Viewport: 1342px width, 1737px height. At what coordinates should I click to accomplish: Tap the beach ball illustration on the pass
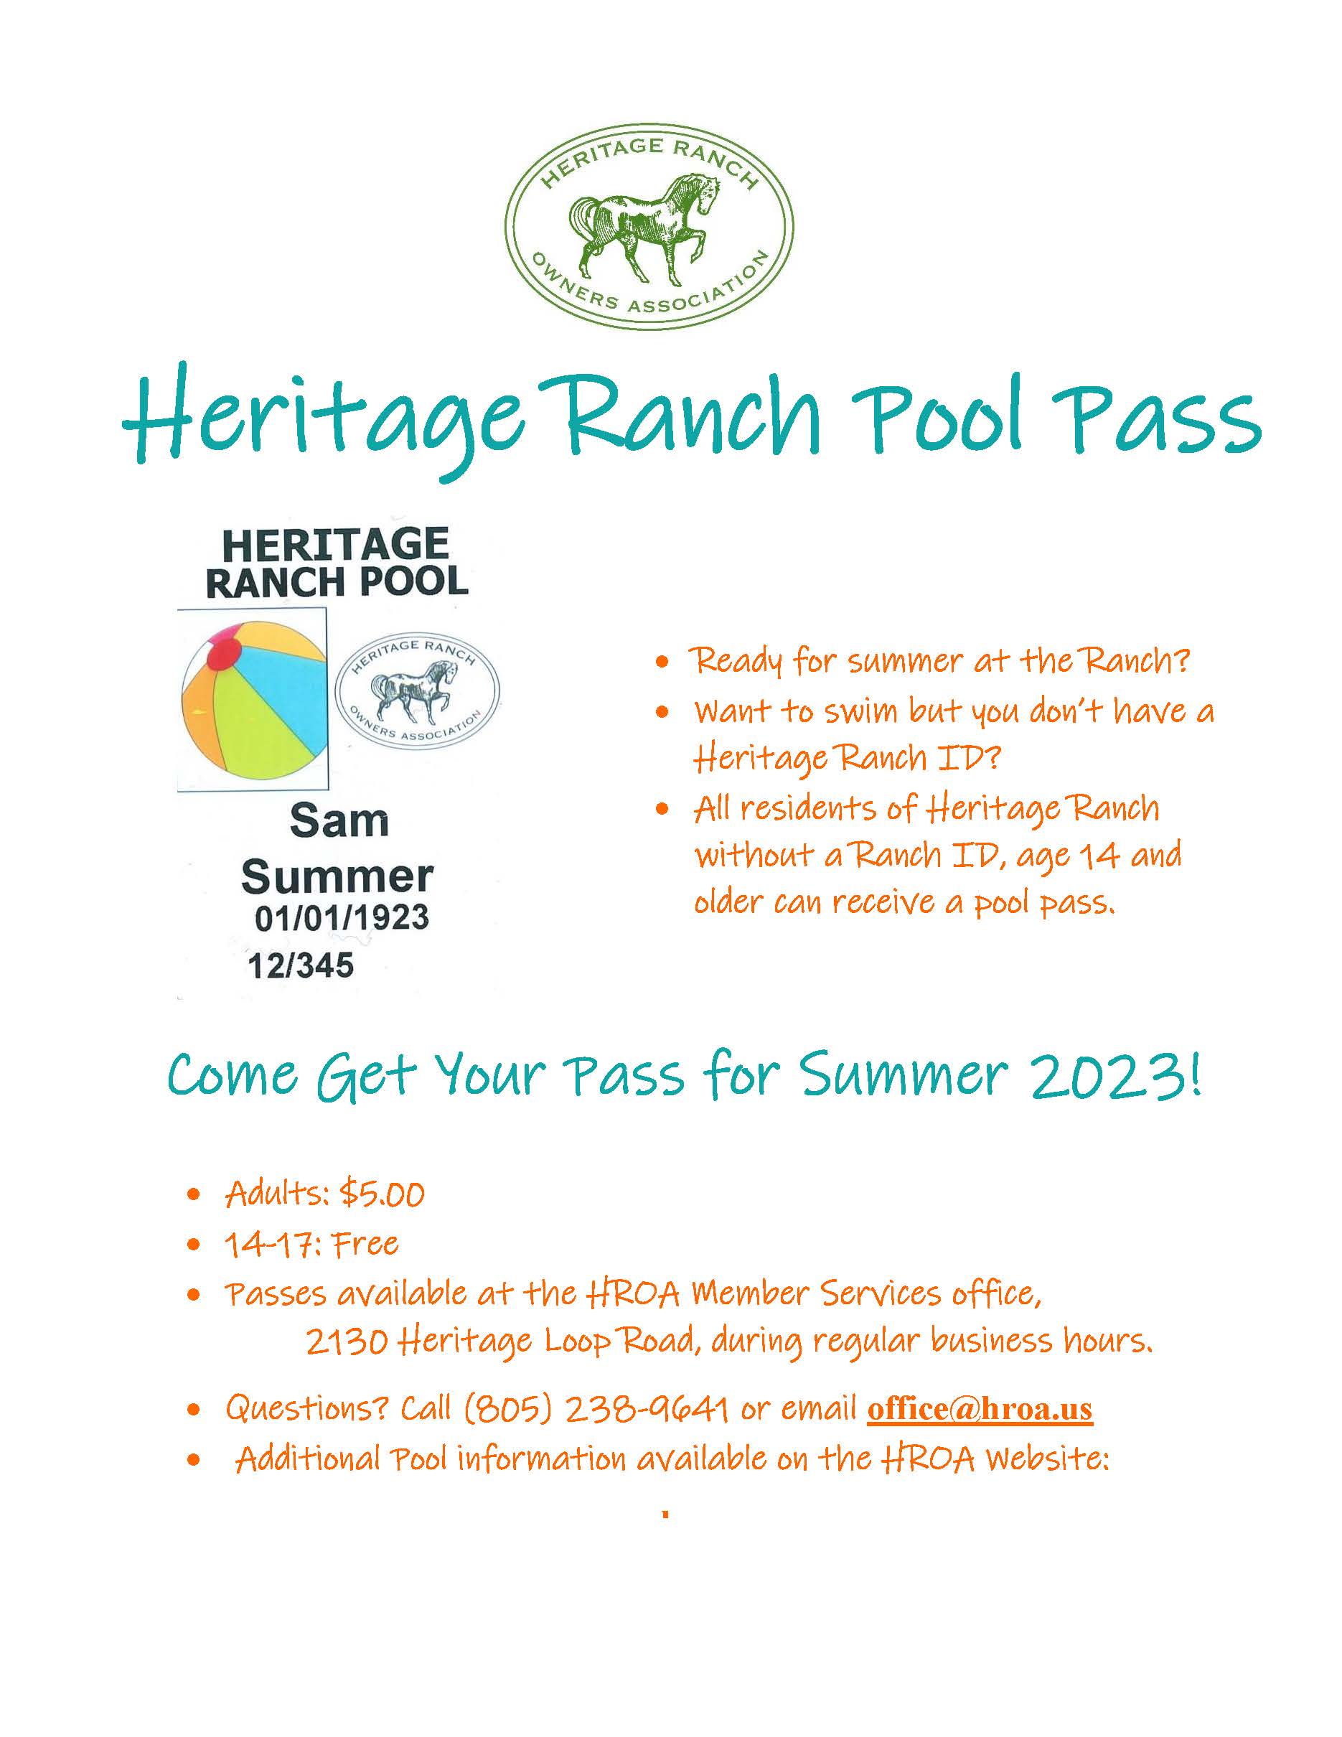coord(253,700)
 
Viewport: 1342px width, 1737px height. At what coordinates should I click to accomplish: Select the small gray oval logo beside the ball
coord(418,692)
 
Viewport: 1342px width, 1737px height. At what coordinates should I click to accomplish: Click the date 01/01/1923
coord(342,918)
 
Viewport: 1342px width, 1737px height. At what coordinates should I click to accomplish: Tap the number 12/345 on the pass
coord(301,965)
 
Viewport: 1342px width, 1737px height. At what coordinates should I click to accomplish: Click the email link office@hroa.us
coord(980,1408)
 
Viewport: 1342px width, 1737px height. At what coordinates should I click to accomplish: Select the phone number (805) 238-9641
coord(596,1408)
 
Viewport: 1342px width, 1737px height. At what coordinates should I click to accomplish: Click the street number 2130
coord(347,1344)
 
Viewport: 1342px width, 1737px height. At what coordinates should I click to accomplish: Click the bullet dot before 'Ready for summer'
coord(662,663)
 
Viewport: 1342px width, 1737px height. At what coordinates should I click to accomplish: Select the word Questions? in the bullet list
coord(307,1408)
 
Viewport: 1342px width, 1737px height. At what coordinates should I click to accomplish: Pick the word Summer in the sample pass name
coord(337,876)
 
